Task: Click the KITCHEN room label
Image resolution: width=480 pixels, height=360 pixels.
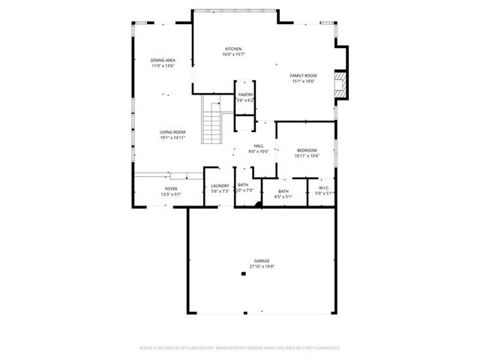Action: pos(232,49)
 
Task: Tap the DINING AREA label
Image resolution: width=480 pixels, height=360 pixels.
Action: pos(162,60)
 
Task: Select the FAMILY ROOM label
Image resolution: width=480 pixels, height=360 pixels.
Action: pos(304,75)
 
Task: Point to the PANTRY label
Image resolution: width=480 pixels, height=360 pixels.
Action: pos(245,94)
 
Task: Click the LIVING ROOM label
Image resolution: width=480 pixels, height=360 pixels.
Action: pos(172,132)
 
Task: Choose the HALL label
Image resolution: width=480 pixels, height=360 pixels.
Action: pos(258,145)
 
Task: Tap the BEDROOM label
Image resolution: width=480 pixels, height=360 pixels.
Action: pos(306,150)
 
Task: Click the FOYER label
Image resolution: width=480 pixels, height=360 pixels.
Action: pos(171,189)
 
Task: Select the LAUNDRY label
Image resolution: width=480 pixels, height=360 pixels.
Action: pos(220,185)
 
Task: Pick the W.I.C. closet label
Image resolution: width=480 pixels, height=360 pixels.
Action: pos(324,187)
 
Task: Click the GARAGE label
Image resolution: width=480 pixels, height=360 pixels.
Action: pos(261,260)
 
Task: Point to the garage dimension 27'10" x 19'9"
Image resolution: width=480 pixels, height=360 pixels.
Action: pos(261,265)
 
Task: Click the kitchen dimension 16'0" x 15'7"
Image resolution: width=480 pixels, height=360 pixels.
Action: pos(232,54)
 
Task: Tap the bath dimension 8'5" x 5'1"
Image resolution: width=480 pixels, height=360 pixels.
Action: pos(283,196)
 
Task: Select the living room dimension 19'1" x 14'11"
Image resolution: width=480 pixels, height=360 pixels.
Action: pos(172,137)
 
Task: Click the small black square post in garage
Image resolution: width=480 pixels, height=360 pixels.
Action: pos(242,274)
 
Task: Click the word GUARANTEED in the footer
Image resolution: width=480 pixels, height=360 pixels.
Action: pos(324,348)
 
